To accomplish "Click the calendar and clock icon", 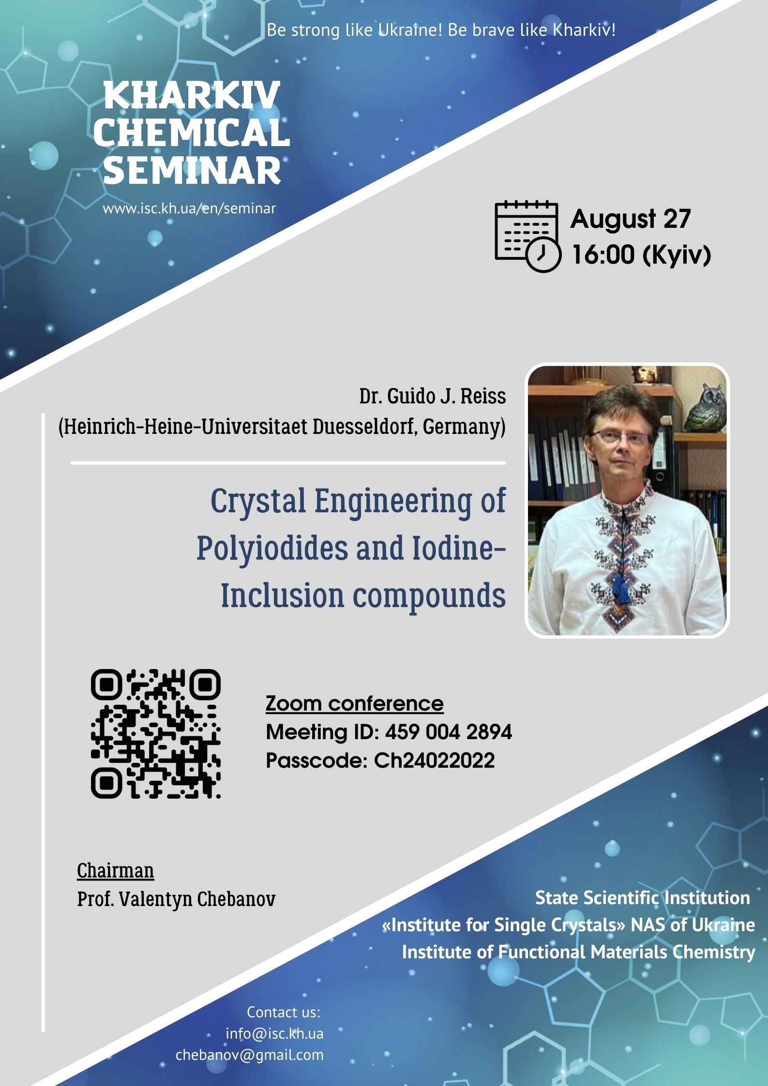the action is (527, 236).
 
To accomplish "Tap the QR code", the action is (156, 734).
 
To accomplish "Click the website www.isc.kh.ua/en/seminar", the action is (189, 209).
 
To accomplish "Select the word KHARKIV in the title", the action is (192, 95).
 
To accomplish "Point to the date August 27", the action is (631, 219).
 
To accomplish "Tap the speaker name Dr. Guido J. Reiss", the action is (432, 396).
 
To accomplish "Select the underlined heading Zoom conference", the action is (354, 703).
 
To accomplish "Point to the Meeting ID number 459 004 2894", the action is (449, 732).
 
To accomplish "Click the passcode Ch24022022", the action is (435, 760).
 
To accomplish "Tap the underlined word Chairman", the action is (115, 870).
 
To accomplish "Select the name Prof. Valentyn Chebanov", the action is (176, 899).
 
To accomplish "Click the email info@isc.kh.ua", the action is (274, 1034).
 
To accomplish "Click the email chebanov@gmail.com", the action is (250, 1055).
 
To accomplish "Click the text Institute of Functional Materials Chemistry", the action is (578, 952).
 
